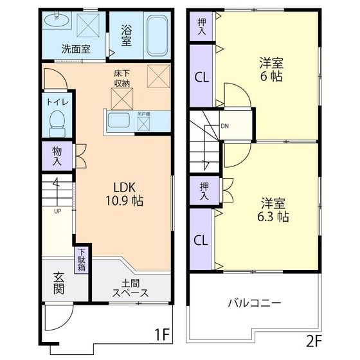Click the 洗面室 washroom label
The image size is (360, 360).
pos(75,48)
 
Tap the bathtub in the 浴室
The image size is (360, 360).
pos(156,36)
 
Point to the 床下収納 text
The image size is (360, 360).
pos(122,78)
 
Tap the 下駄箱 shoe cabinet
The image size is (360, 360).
pos(82,260)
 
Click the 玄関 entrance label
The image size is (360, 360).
pos(59,283)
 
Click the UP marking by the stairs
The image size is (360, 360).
pos(57,211)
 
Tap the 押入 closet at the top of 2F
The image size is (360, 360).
pos(201,26)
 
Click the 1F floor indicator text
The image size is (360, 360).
pos(162,334)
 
